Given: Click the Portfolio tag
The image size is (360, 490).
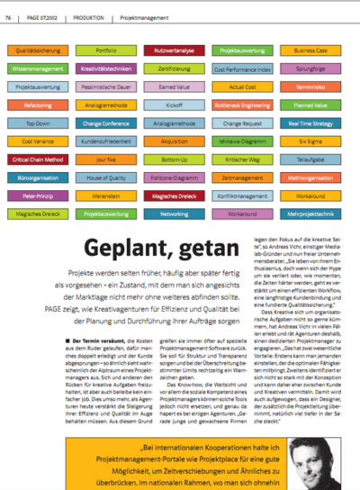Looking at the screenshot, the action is pyautogui.click(x=105, y=52).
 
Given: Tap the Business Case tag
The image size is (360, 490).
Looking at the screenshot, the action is pyautogui.click(x=310, y=52).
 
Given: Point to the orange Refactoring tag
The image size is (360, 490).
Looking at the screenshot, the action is pyautogui.click(x=37, y=104).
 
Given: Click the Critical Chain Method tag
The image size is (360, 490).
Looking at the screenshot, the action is pyautogui.click(x=37, y=158).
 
